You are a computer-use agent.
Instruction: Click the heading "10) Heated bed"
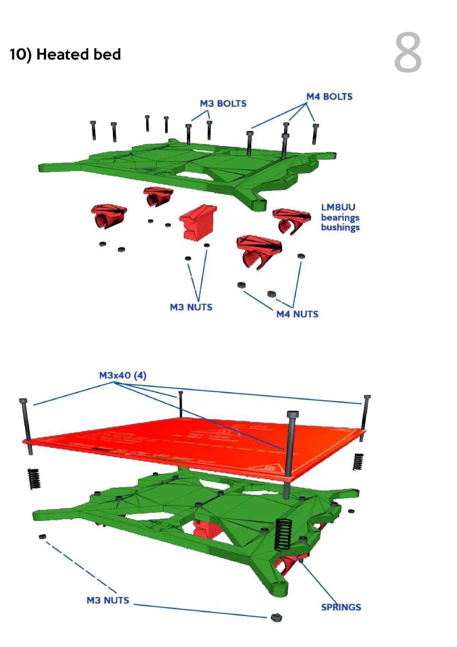(x=65, y=55)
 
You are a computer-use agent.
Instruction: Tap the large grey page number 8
(x=408, y=53)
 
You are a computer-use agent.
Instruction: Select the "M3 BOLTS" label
(x=223, y=104)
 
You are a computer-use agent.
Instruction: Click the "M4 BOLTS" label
(x=329, y=97)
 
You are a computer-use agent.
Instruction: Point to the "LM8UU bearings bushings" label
(x=340, y=217)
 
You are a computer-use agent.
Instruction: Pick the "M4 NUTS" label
(x=297, y=314)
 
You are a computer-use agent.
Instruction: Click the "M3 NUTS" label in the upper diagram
(x=191, y=307)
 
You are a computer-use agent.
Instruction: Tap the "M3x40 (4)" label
(x=123, y=375)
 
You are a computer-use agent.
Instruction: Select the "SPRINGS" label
(x=341, y=607)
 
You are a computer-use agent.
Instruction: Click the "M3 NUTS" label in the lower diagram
(x=108, y=601)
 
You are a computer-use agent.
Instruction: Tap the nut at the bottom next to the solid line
(x=276, y=617)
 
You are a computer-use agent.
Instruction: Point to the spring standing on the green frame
(x=283, y=534)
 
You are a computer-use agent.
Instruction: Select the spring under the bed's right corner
(x=358, y=462)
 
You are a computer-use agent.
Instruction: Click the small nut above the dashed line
(x=43, y=536)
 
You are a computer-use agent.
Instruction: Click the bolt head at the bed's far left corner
(x=23, y=401)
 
